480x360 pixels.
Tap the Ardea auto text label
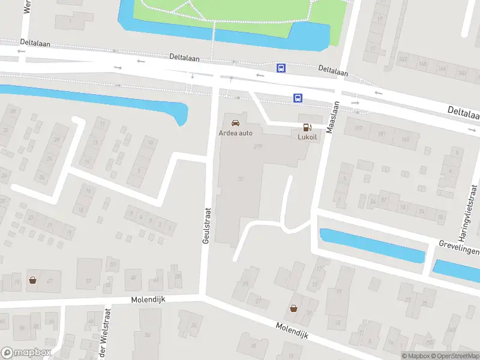[235, 133]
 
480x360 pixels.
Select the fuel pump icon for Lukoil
[307, 127]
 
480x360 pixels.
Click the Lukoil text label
[307, 137]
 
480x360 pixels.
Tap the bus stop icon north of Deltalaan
[281, 68]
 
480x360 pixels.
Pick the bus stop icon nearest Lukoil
[297, 98]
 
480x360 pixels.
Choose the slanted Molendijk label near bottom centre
[292, 330]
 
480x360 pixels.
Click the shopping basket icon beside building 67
[32, 280]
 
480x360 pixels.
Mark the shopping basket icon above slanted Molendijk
[293, 308]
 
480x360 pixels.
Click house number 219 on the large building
[259, 146]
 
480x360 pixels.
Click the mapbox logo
[26, 353]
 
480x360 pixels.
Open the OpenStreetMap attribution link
[455, 356]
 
